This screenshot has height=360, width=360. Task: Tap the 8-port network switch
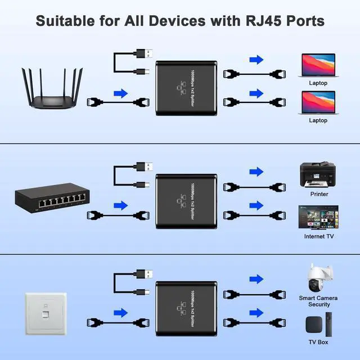(x=52, y=198)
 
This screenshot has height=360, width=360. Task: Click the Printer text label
(x=318, y=194)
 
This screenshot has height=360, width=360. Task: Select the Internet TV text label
(x=319, y=236)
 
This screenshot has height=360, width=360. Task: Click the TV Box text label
(x=318, y=342)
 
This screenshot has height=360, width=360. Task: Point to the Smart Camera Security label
(x=318, y=300)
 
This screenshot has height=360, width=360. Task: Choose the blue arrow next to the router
(x=120, y=93)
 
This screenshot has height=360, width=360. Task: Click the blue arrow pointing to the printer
(x=256, y=172)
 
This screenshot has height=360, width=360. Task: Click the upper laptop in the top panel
(x=318, y=64)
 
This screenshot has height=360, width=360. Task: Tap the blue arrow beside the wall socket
(x=120, y=313)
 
